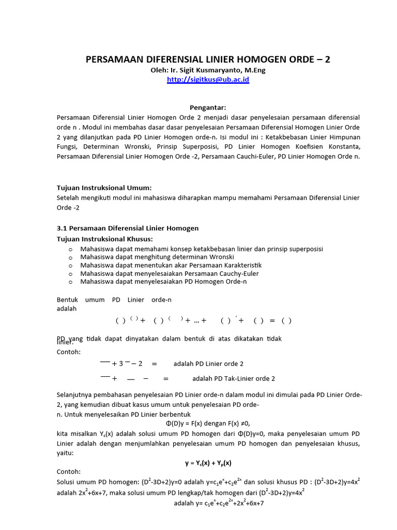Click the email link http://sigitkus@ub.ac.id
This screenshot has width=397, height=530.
click(208, 80)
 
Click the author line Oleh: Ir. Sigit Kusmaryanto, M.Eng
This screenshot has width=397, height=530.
click(208, 70)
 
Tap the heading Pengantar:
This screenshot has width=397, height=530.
click(208, 108)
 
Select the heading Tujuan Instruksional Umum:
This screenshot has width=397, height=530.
click(104, 187)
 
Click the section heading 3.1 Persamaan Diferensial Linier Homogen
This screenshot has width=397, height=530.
click(127, 228)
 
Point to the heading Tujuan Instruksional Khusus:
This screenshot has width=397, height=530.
click(104, 239)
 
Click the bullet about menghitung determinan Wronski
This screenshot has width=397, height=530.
click(157, 257)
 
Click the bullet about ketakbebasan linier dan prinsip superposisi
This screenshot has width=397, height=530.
click(202, 249)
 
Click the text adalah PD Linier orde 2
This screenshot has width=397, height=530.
click(208, 364)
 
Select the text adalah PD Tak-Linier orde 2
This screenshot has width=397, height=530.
click(234, 378)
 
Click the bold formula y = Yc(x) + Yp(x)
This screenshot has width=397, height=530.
click(208, 463)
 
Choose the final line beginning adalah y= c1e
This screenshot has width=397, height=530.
click(219, 503)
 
